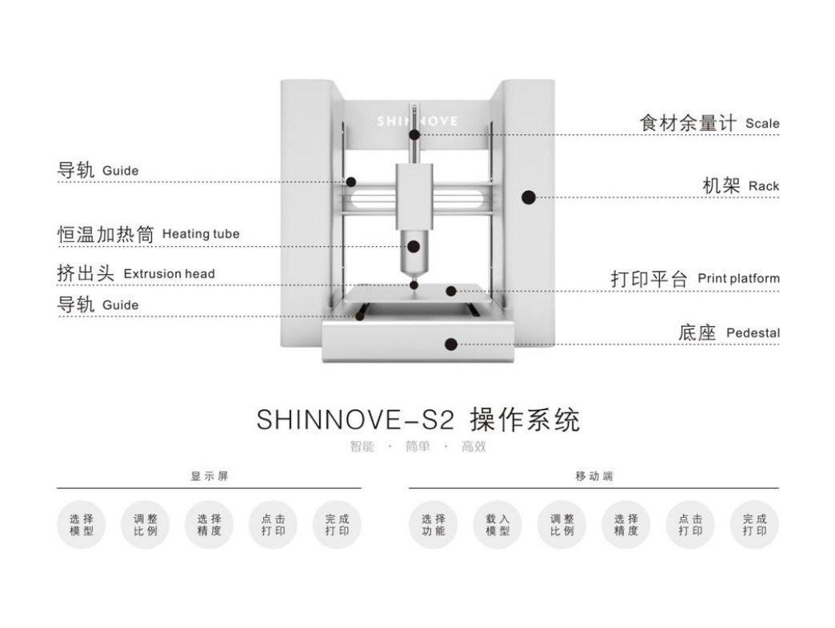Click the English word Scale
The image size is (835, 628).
coord(761,124)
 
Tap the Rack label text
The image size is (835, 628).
coord(763,186)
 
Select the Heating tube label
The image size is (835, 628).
coord(201,234)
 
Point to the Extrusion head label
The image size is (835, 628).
coord(169,273)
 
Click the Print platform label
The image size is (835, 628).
coord(738,279)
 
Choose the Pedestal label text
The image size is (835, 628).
coord(753,332)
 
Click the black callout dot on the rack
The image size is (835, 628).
coord(527,197)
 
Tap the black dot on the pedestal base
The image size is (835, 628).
coord(451,344)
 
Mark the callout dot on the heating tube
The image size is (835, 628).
coord(414,246)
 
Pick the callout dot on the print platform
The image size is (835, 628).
coord(451,291)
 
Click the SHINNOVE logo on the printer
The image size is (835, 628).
coord(417,121)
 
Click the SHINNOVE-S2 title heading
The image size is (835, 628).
coord(417,419)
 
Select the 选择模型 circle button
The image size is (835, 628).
coord(82,525)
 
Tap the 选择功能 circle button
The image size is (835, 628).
coord(433,525)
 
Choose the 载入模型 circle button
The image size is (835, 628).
coord(497,525)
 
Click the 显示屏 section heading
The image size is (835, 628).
coord(209,476)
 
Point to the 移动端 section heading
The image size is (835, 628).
coord(593,476)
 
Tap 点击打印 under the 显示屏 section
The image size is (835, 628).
coord(274,525)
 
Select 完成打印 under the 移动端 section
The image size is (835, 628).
coord(754,525)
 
